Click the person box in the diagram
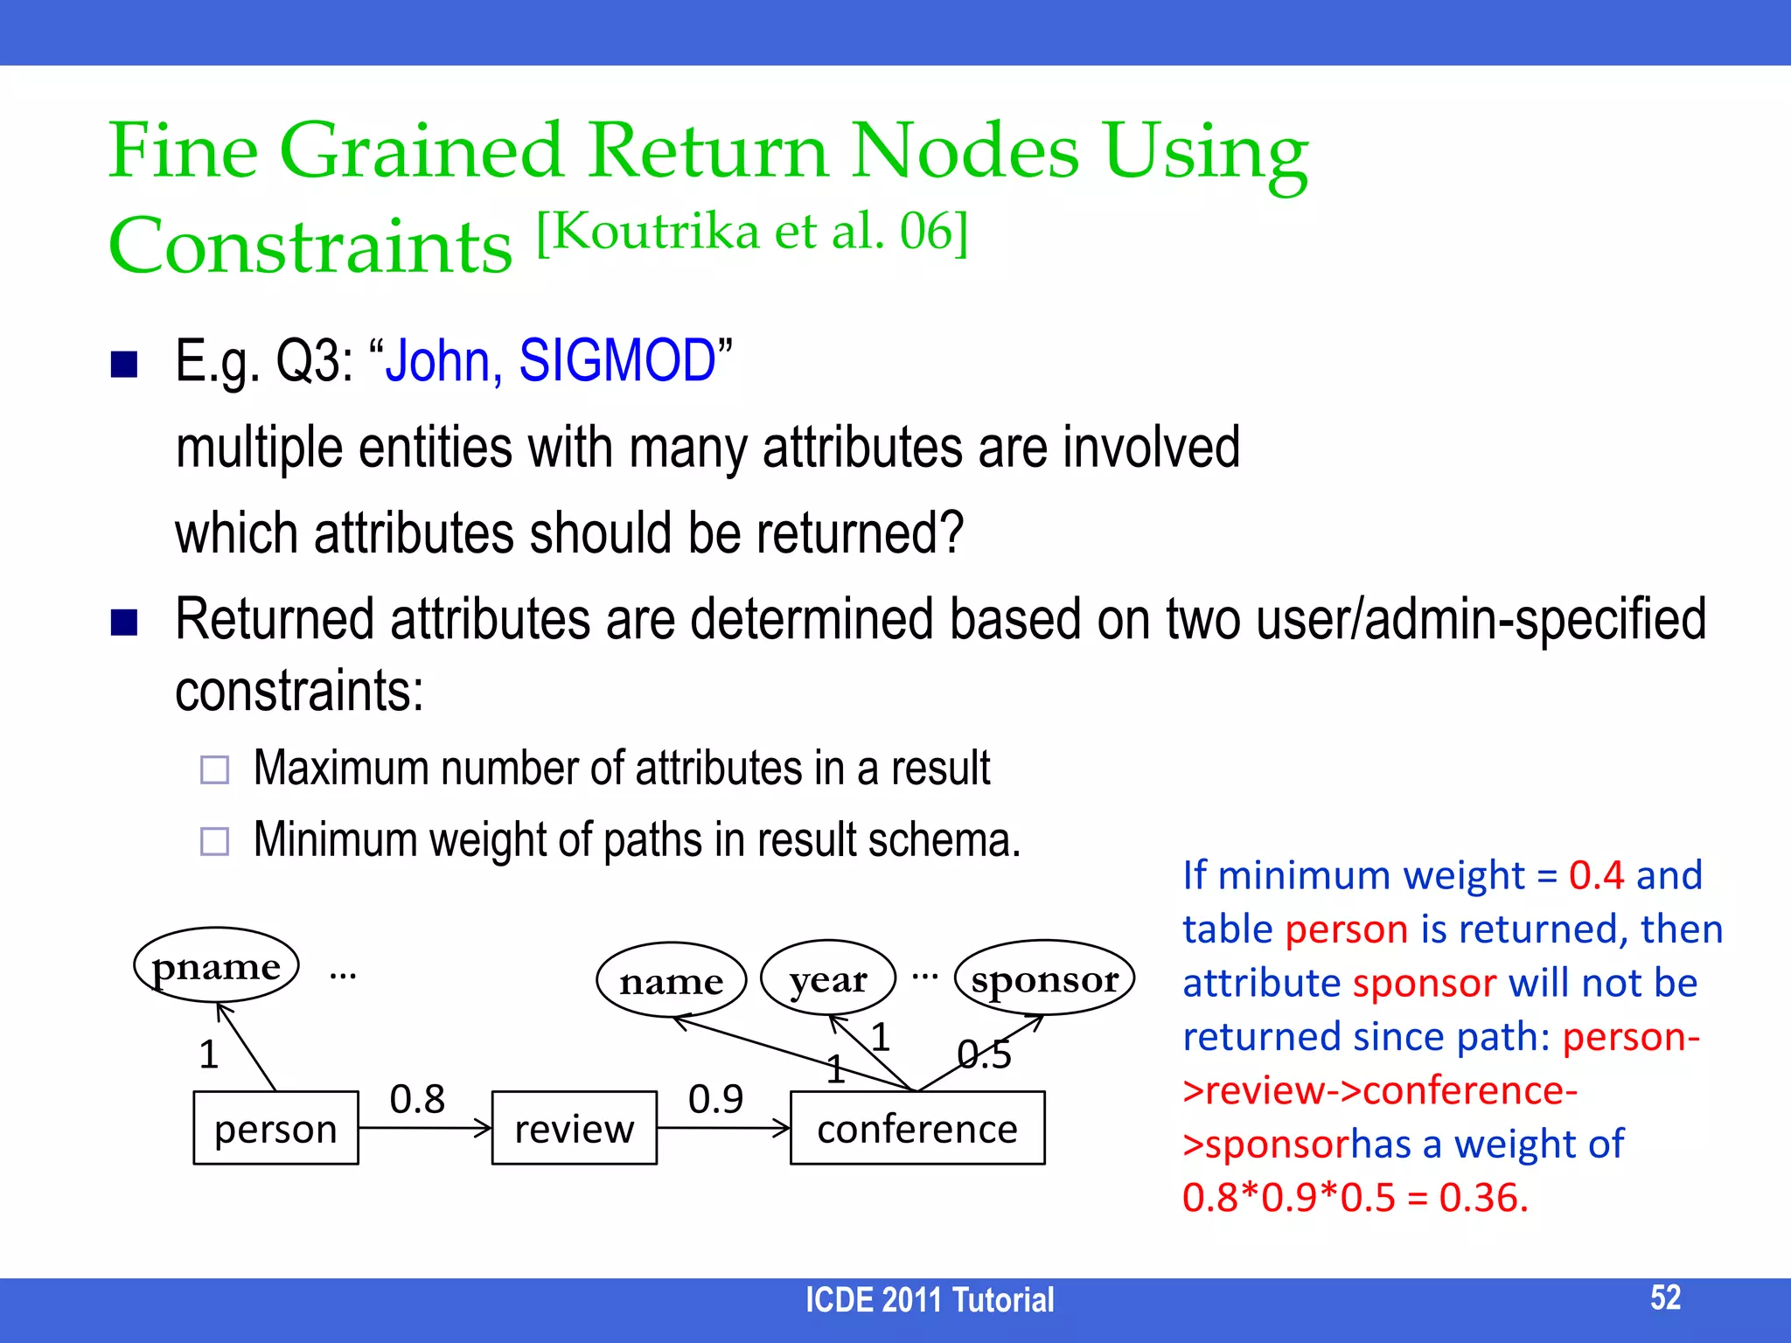point(275,1128)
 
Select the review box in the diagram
point(574,1128)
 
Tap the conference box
point(916,1128)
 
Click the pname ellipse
point(216,966)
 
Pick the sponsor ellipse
point(1044,978)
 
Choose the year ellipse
point(827,978)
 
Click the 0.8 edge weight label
point(417,1099)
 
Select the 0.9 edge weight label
point(715,1099)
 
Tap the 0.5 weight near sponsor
point(984,1054)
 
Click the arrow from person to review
point(425,1129)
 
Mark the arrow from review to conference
point(723,1129)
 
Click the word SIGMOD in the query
point(617,360)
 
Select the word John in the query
point(443,360)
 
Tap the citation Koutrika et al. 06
point(752,233)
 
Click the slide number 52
point(1665,1298)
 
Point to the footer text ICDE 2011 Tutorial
point(929,1300)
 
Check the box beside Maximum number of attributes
point(214,769)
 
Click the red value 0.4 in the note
point(1596,875)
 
